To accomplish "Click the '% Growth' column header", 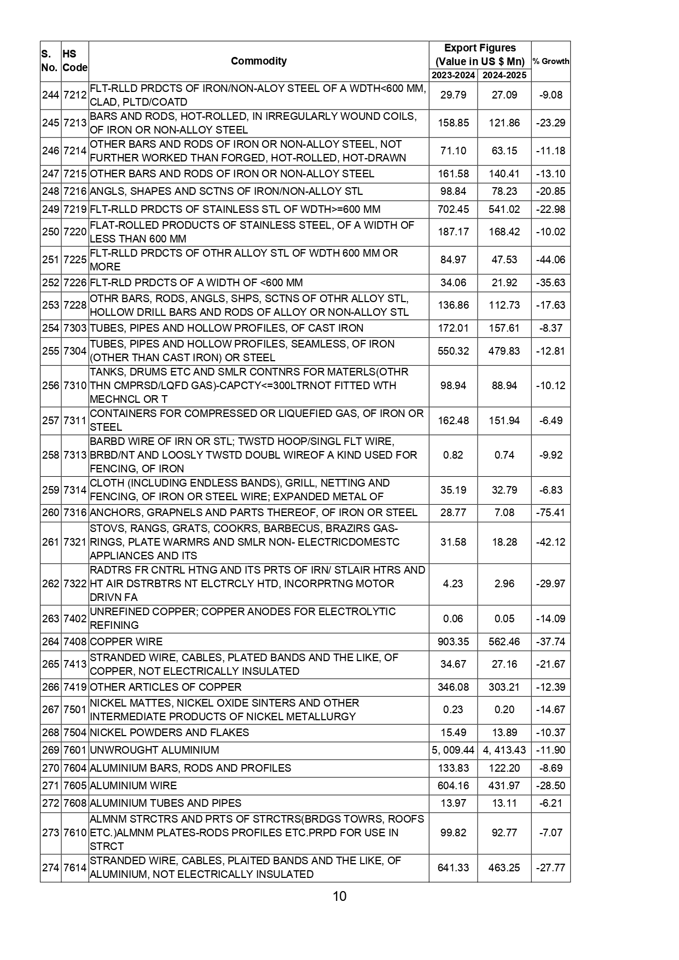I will pos(550,61).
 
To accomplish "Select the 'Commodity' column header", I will pos(258,61).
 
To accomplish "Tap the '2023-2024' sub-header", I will pos(453,76).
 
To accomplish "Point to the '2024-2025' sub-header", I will pos(504,76).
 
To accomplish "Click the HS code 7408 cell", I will pos(75,641).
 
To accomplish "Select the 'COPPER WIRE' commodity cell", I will pos(126,641).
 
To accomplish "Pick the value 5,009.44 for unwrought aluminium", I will pos(453,750).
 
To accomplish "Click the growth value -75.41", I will pos(550,513).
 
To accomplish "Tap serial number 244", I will pos(50,95).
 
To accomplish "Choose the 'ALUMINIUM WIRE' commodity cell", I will pos(133,785).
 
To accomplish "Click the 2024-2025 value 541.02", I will pos(504,210).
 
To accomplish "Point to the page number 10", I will pos(339,897).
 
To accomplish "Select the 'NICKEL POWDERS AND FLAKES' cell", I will pos(169,732).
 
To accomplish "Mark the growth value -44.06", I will pos(550,260).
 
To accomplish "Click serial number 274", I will pos(50,868).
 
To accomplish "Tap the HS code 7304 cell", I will pos(75,351).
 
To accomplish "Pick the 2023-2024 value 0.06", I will pos(453,619).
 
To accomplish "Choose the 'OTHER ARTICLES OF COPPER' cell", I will pos(165,687).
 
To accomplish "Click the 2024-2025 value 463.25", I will pos(504,868).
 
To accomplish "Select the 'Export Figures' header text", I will pos(480,48).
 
